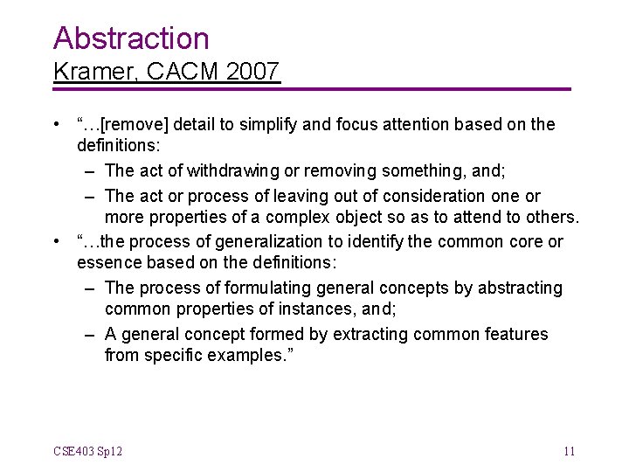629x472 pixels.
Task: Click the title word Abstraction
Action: [x=131, y=38]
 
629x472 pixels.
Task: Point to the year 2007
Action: [x=252, y=71]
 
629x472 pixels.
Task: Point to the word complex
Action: [x=294, y=217]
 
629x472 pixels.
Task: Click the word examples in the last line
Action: [x=237, y=355]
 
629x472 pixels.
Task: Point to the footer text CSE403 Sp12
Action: [x=87, y=451]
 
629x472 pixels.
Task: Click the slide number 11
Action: [x=569, y=451]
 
